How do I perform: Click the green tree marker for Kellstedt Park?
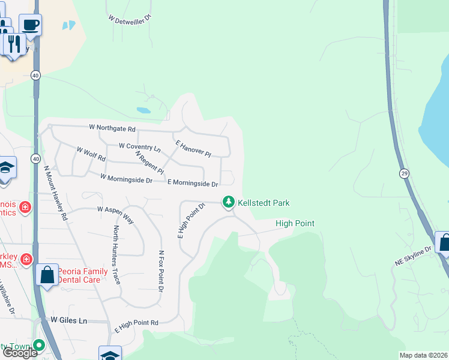(x=228, y=203)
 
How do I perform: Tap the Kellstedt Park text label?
(x=264, y=203)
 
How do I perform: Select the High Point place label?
(x=295, y=224)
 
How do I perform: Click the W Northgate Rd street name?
(x=112, y=128)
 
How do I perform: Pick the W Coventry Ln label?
(x=140, y=146)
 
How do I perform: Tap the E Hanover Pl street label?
(x=193, y=149)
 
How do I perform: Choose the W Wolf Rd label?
(x=91, y=154)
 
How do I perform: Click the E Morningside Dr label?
(x=192, y=182)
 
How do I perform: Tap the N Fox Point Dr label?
(x=161, y=271)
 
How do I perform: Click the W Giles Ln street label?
(x=69, y=321)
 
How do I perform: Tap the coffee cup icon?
(x=30, y=25)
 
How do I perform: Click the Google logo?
(x=20, y=353)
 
